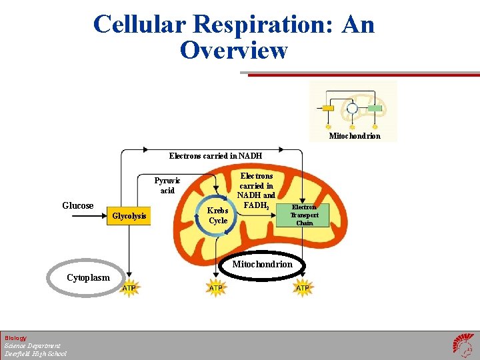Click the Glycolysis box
tap(129, 216)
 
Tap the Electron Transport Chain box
tap(305, 215)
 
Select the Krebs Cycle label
tap(218, 215)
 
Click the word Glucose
tap(78, 206)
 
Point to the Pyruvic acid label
tap(167, 185)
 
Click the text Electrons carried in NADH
tap(215, 156)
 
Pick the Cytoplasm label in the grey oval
tap(88, 278)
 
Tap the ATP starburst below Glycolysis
tap(129, 288)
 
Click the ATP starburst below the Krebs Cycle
tap(216, 288)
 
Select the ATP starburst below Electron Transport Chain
tap(303, 288)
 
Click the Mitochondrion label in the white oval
tap(262, 265)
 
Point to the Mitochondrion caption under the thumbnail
tap(355, 136)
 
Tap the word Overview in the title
tap(234, 50)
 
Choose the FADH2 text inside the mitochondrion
tap(257, 206)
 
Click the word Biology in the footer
tap(15, 338)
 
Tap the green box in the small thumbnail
tap(375, 108)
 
